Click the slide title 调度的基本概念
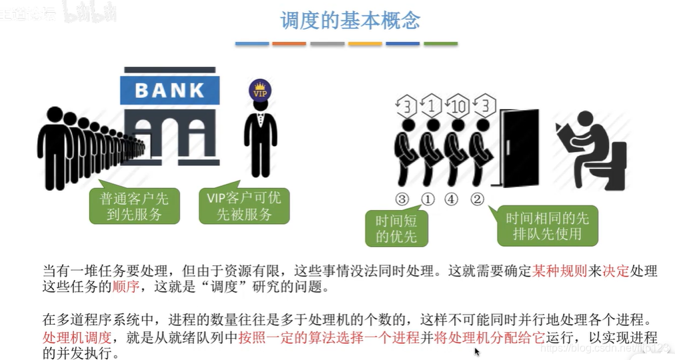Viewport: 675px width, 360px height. pyautogui.click(x=350, y=20)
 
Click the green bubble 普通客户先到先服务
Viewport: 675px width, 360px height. pyautogui.click(x=134, y=205)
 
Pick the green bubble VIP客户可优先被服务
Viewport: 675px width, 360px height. pyautogui.click(x=244, y=205)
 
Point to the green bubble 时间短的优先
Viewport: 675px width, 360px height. pyautogui.click(x=396, y=227)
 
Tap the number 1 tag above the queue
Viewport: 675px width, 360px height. pyautogui.click(x=432, y=106)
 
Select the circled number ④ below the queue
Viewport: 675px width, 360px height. pyautogui.click(x=452, y=199)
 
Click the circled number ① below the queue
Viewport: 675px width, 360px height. pyautogui.click(x=427, y=199)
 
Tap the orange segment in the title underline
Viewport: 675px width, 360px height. pyautogui.click(x=289, y=43)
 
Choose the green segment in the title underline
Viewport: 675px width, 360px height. pyautogui.click(x=441, y=43)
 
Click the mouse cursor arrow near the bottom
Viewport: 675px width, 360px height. pyautogui.click(x=478, y=351)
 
